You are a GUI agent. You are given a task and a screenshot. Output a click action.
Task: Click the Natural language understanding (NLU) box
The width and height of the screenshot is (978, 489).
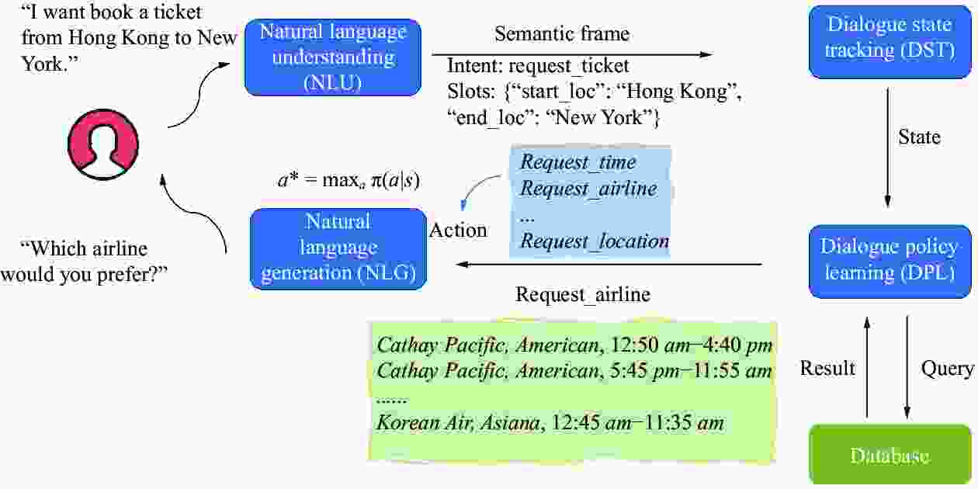[x=332, y=57]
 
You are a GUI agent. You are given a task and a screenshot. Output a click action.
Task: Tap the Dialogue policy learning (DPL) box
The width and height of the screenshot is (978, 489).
[x=890, y=261]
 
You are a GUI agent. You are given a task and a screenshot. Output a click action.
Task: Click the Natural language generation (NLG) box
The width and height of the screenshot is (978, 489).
[x=338, y=248]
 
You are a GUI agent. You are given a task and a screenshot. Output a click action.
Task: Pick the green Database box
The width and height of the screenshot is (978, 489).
[x=890, y=455]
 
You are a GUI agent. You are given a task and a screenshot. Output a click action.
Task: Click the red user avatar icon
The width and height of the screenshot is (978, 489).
[x=103, y=144]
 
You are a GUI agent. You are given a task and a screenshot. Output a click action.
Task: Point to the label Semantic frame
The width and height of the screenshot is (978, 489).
[x=562, y=34]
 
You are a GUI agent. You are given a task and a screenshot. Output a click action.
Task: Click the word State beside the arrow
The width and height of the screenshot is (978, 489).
[x=919, y=137]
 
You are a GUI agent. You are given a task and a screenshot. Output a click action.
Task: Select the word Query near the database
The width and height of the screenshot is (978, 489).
[x=946, y=368]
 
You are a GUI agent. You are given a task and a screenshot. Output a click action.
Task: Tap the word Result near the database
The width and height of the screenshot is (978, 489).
[x=827, y=368]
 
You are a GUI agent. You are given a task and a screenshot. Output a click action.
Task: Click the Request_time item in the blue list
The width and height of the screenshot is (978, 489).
[x=577, y=162]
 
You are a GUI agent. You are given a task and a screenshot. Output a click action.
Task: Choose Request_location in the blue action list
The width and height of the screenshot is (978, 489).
[x=595, y=241]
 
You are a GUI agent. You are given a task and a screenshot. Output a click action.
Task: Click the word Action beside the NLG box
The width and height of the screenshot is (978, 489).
[x=458, y=231]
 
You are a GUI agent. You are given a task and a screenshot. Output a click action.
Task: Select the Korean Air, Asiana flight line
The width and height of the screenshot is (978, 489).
[x=550, y=423]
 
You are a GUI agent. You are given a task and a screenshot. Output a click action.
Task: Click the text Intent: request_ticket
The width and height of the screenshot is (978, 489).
[x=538, y=67]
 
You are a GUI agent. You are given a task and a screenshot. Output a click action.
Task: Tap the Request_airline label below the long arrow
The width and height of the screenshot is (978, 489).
[x=582, y=295]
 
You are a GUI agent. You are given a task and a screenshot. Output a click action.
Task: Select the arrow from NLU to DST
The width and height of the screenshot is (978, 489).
[x=578, y=54]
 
